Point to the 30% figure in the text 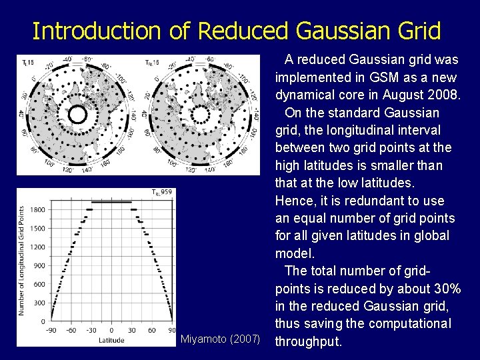click(x=442, y=288)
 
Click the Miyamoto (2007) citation click(x=220, y=339)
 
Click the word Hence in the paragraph click(x=295, y=201)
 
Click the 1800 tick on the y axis click(x=37, y=209)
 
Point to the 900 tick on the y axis click(x=39, y=265)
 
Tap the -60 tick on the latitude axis click(x=71, y=330)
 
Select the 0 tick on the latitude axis click(x=111, y=330)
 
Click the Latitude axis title click(x=111, y=340)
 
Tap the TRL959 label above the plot click(x=162, y=193)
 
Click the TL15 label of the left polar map click(x=28, y=63)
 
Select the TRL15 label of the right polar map click(x=152, y=63)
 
